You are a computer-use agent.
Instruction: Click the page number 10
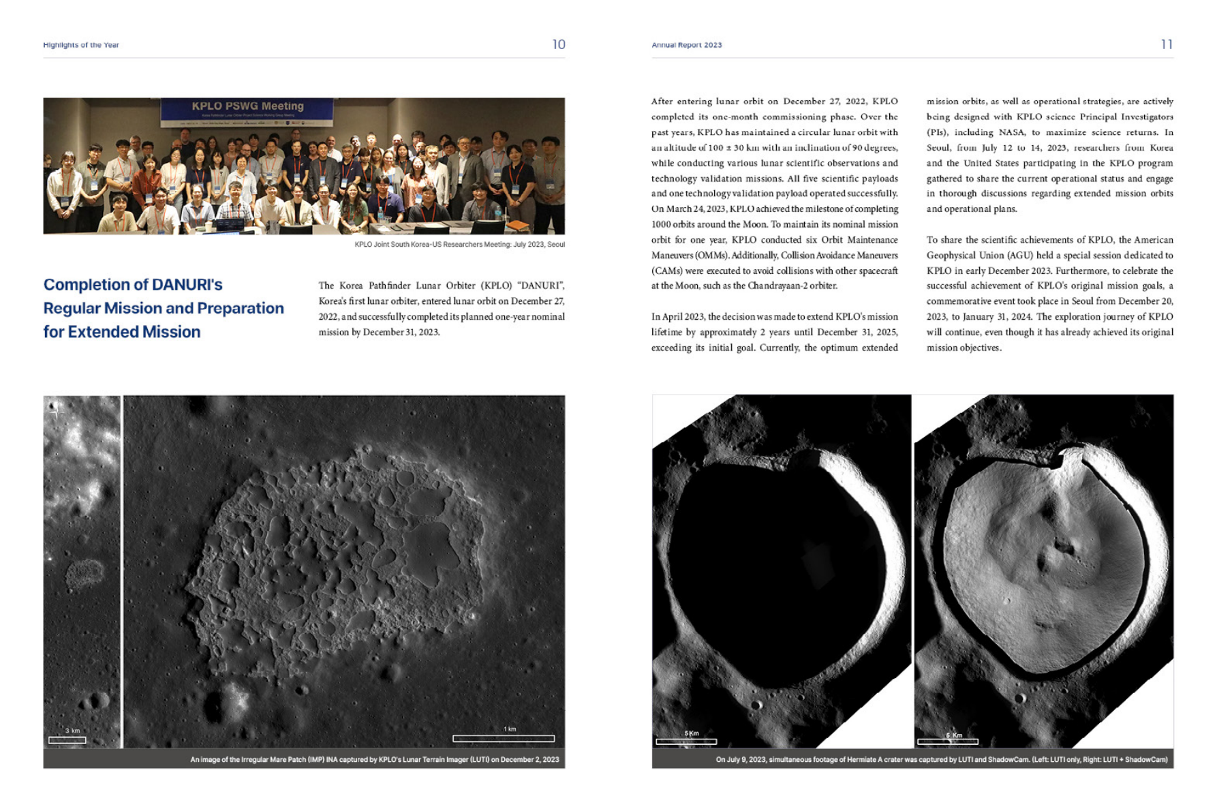tap(558, 44)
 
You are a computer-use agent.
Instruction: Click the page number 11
tap(1167, 44)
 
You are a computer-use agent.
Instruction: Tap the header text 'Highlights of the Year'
tap(81, 45)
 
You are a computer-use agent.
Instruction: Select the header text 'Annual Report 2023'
tap(686, 45)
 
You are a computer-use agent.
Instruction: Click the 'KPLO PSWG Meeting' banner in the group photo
tap(247, 106)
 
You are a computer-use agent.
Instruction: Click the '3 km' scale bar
tap(67, 739)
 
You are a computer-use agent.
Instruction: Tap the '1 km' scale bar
tap(504, 738)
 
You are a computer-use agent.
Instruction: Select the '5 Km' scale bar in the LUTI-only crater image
tap(685, 741)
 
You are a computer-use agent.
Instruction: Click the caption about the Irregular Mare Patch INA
tap(374, 759)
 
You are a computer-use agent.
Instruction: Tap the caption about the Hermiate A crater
tap(941, 759)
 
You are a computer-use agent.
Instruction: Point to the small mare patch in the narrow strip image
tap(84, 574)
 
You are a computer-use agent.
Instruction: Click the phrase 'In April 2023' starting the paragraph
tap(679, 317)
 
